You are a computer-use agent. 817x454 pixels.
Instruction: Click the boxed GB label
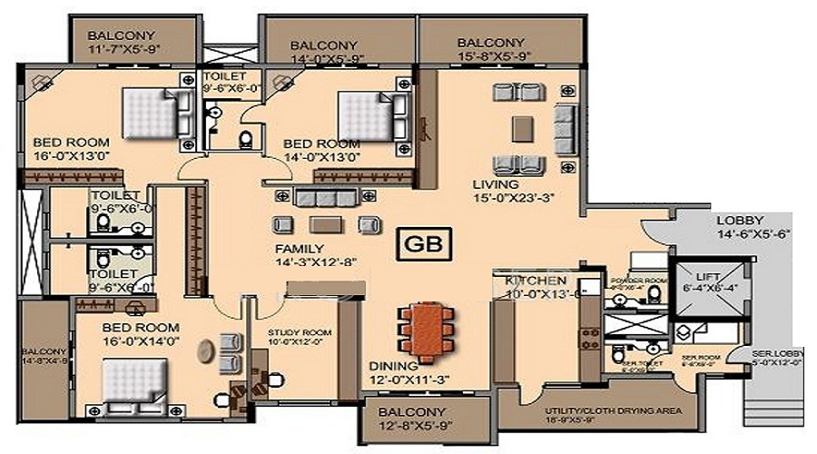(x=424, y=244)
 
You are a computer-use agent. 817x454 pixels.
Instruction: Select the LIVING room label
(x=495, y=184)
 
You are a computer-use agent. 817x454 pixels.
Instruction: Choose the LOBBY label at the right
(x=739, y=221)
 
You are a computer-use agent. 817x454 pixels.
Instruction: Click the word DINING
(x=391, y=366)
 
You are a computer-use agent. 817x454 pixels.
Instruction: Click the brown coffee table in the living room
(x=521, y=129)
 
